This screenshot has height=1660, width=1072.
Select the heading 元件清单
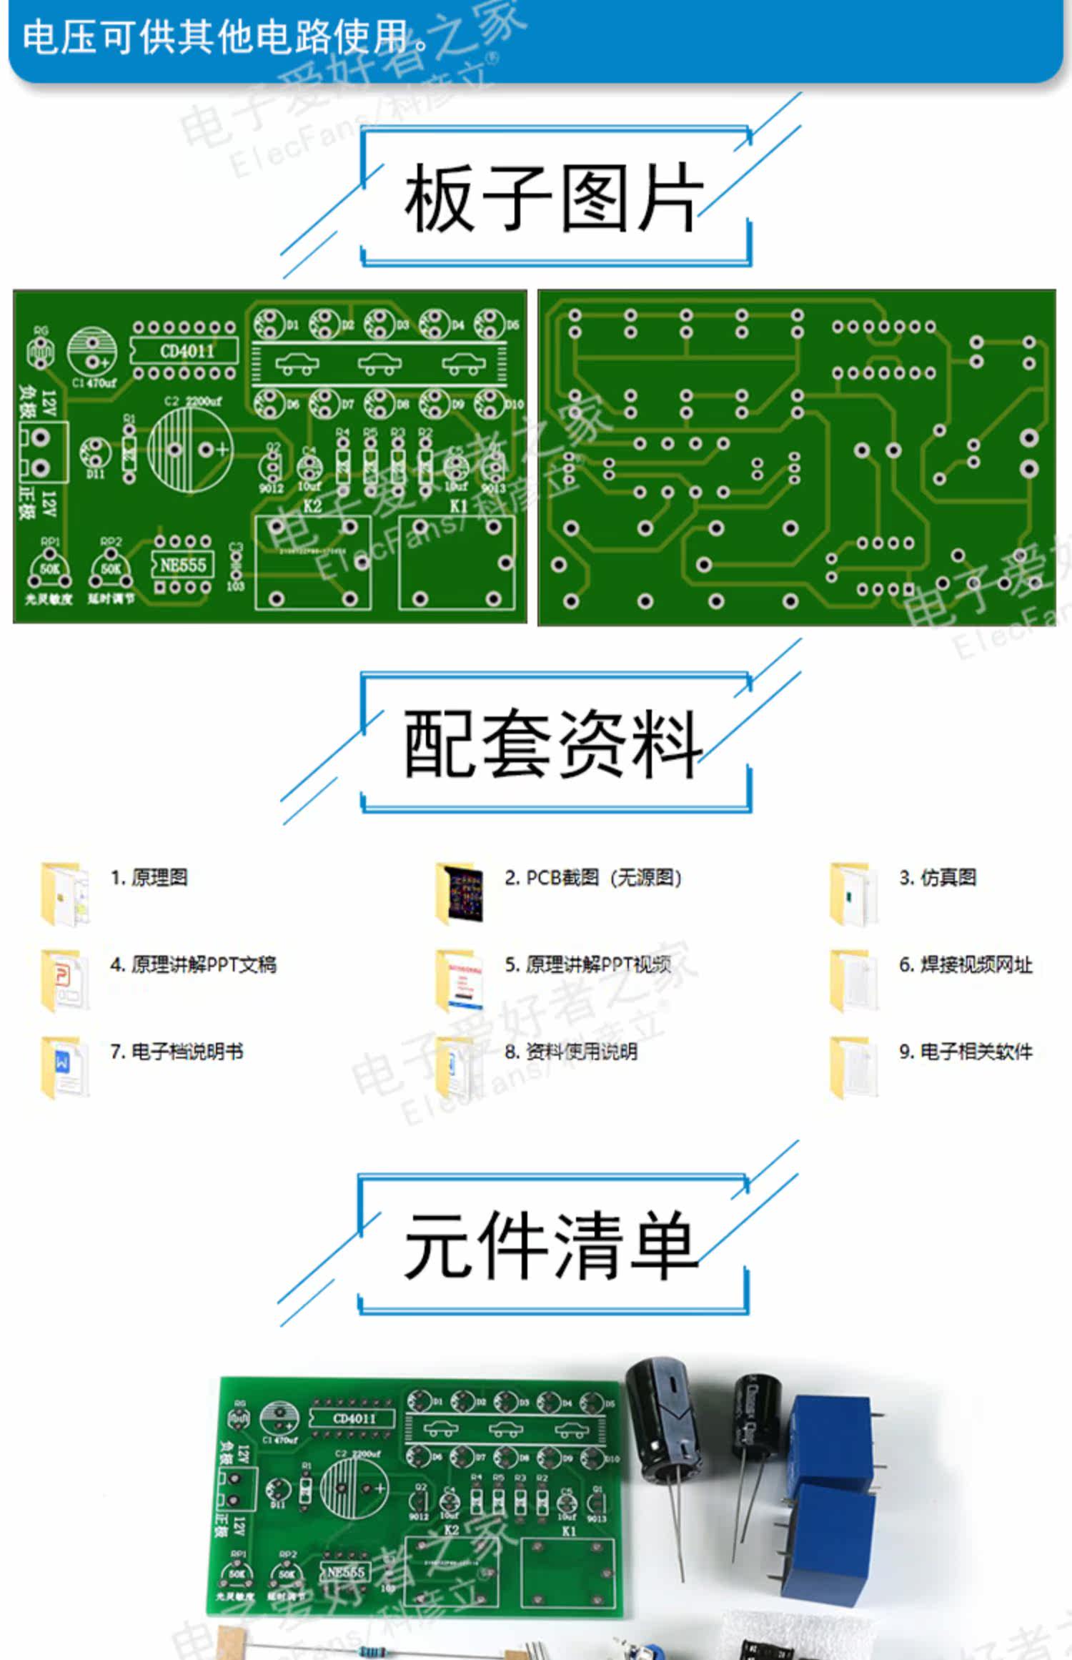pyautogui.click(x=550, y=1246)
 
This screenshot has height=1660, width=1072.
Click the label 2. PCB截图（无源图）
pyautogui.click(x=593, y=878)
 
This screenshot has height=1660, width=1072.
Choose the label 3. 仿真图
pyautogui.click(x=938, y=878)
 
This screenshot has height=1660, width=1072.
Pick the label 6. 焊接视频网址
pyautogui.click(x=966, y=965)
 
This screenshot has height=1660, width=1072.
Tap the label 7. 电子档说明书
pyautogui.click(x=177, y=1052)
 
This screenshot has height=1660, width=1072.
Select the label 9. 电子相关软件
pyautogui.click(x=966, y=1052)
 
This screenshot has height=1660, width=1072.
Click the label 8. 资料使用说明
pyautogui.click(x=571, y=1052)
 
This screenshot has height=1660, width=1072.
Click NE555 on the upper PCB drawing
pyautogui.click(x=182, y=565)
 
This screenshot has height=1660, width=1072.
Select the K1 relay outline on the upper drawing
pyautogui.click(x=457, y=562)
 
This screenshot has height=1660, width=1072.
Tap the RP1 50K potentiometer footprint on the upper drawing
pyautogui.click(x=49, y=570)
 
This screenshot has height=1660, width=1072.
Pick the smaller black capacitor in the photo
pyautogui.click(x=756, y=1419)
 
